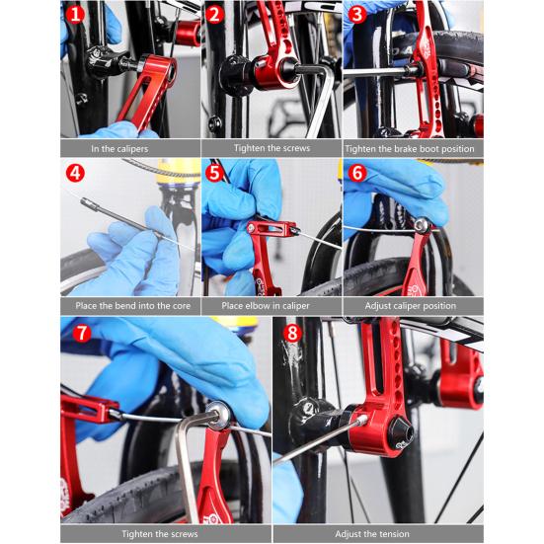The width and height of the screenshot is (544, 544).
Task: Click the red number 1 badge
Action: tap(75, 16)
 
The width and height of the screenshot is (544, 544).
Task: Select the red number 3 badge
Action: tap(357, 16)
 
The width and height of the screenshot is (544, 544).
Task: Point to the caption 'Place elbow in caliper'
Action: tap(272, 305)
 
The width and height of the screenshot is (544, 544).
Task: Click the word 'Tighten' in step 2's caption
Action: tap(252, 148)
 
